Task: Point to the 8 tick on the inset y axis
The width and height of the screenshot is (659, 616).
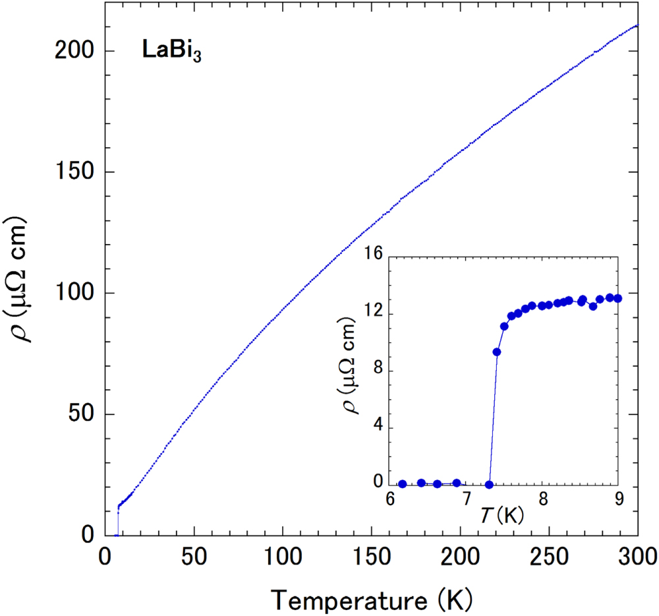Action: tap(376, 371)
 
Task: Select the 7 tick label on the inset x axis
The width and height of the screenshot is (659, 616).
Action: tap(466, 498)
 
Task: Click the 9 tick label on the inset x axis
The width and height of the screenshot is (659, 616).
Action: tap(617, 498)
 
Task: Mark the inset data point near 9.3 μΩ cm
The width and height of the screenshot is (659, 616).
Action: tap(497, 352)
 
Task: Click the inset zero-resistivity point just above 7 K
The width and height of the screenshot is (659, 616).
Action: tap(489, 485)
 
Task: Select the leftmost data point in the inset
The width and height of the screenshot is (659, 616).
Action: tap(403, 484)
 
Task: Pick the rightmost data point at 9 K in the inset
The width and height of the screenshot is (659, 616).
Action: tap(617, 298)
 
